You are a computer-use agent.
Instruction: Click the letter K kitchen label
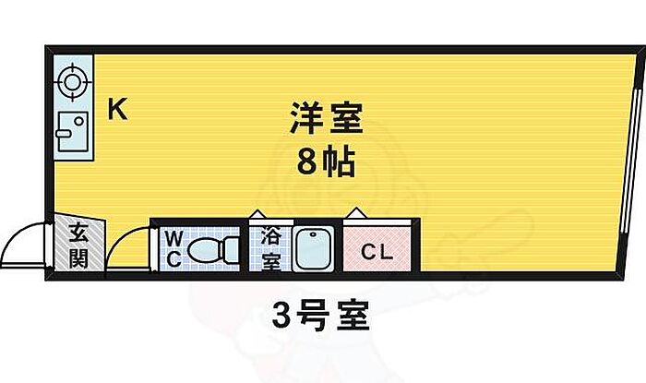pos(117,109)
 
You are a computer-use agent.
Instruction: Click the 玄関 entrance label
pos(78,245)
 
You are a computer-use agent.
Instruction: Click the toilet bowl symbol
pos(211,249)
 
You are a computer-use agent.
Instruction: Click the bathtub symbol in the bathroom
pos(315,248)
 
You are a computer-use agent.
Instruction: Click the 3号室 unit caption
pos(320,318)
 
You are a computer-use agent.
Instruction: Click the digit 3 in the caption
pos(283,319)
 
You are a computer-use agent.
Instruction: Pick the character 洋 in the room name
pos(306,120)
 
